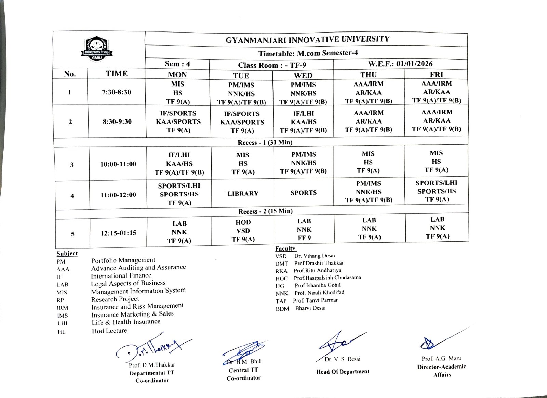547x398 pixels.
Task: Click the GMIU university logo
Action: [x=97, y=49]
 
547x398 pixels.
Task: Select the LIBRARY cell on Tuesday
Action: [x=243, y=194]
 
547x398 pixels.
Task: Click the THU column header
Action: [x=368, y=75]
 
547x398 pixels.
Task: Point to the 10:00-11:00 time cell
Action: [x=118, y=164]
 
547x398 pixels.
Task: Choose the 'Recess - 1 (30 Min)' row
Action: [x=265, y=142]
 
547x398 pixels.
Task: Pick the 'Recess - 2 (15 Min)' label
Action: [x=265, y=211]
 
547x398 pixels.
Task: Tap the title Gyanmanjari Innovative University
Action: [x=307, y=39]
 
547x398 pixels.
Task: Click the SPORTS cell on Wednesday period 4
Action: [x=304, y=193]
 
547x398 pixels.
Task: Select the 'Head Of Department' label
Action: [x=343, y=372]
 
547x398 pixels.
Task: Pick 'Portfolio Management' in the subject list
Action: [x=123, y=260]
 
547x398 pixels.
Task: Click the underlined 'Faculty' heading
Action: [x=285, y=249]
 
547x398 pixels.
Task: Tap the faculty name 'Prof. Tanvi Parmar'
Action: [x=315, y=300]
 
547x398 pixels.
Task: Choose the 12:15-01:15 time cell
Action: [x=118, y=233]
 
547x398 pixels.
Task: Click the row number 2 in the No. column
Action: [x=70, y=122]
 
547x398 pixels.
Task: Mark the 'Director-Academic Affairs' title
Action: [x=441, y=371]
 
